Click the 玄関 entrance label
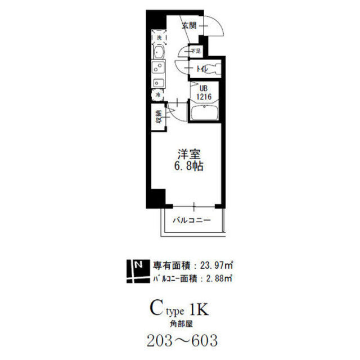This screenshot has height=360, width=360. [189, 25]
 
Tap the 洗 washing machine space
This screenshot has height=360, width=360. [159, 38]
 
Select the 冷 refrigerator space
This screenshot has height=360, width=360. [159, 95]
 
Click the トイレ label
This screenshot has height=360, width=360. [203, 69]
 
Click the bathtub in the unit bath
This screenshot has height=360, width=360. [204, 114]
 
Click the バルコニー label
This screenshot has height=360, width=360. [191, 220]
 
